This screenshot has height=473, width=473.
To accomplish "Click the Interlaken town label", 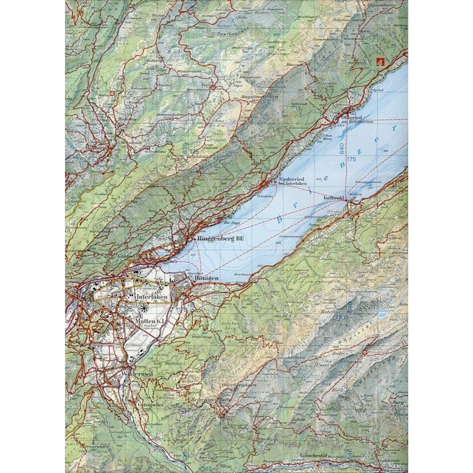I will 151,297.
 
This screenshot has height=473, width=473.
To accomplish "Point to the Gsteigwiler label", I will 147,406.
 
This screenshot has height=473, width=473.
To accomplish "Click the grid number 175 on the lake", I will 352,160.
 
